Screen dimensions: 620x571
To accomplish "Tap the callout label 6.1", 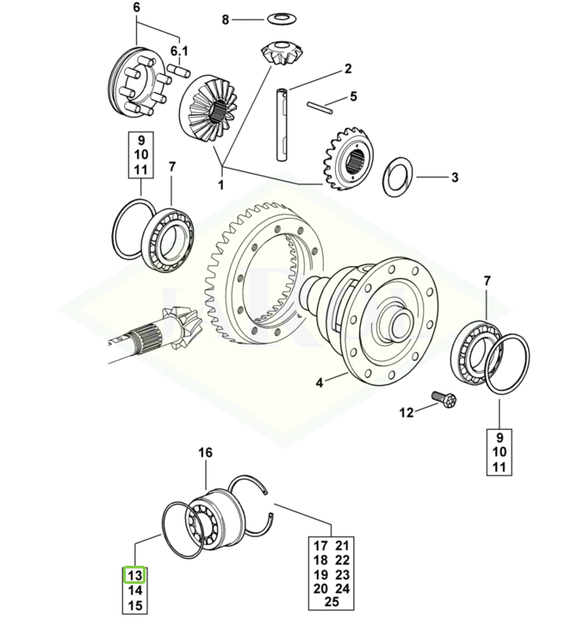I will tap(179, 50).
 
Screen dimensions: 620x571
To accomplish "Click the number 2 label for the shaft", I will tap(348, 68).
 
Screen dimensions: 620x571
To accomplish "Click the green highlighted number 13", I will tap(134, 575).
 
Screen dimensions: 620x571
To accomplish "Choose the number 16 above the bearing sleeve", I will tap(205, 453).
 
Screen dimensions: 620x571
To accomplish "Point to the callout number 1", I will tap(220, 184).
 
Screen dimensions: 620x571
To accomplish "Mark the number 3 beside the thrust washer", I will tap(455, 178).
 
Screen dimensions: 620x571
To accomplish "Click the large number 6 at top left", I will tap(135, 8).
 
